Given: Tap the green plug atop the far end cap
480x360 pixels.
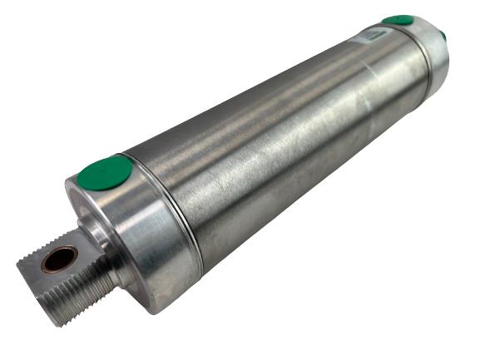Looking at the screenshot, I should [398, 20].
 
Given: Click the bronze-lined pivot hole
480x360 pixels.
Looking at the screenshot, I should [59, 259].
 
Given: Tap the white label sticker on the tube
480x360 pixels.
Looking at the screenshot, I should [372, 35].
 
